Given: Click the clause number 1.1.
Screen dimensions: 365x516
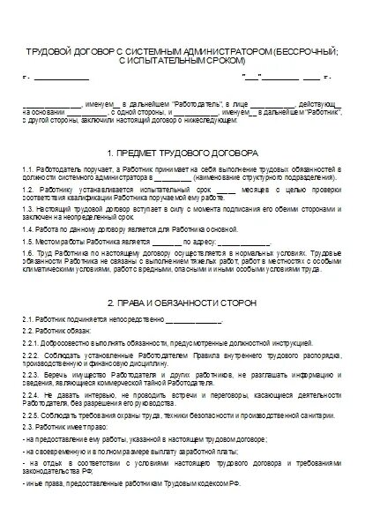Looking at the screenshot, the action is coord(30,168).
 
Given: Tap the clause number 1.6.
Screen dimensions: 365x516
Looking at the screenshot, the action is coord(30,253).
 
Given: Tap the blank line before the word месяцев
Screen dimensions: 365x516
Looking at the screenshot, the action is coord(225,188).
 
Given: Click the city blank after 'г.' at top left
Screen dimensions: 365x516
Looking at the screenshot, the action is coord(62,79).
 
